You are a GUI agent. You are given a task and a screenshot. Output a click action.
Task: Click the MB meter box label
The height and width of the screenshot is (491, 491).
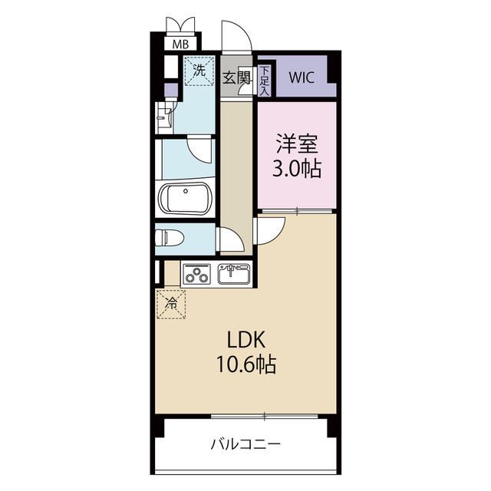pyautogui.click(x=181, y=44)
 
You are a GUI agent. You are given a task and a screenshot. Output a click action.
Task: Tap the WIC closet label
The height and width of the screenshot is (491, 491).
pyautogui.click(x=302, y=77)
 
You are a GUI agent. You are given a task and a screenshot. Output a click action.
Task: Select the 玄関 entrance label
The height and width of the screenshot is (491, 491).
pyautogui.click(x=237, y=78)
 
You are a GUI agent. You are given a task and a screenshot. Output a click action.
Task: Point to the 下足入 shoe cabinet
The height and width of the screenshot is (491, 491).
pyautogui.click(x=265, y=81)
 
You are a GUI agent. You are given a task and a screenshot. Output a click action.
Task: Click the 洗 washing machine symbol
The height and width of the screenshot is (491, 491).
pyautogui.click(x=199, y=71)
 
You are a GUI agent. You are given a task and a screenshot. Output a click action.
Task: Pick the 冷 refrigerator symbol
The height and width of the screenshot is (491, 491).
pyautogui.click(x=171, y=304)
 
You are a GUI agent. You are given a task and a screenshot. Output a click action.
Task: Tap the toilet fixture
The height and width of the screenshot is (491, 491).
pyautogui.click(x=170, y=238)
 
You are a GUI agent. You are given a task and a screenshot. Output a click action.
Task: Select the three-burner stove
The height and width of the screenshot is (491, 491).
pyautogui.click(x=196, y=275)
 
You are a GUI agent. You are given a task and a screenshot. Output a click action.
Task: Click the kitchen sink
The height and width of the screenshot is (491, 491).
pyautogui.click(x=234, y=274)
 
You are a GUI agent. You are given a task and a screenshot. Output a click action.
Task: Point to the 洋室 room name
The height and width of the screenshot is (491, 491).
pyautogui.click(x=297, y=144)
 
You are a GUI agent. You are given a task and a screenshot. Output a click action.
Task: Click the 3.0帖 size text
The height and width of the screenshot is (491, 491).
pyautogui.click(x=297, y=169)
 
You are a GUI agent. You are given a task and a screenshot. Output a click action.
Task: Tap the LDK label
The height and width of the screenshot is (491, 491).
pyautogui.click(x=246, y=340)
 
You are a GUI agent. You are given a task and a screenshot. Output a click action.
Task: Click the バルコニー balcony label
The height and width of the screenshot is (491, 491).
pyautogui.click(x=245, y=444)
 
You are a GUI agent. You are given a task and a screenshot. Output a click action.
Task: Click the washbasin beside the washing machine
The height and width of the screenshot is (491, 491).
pyautogui.click(x=165, y=118)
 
